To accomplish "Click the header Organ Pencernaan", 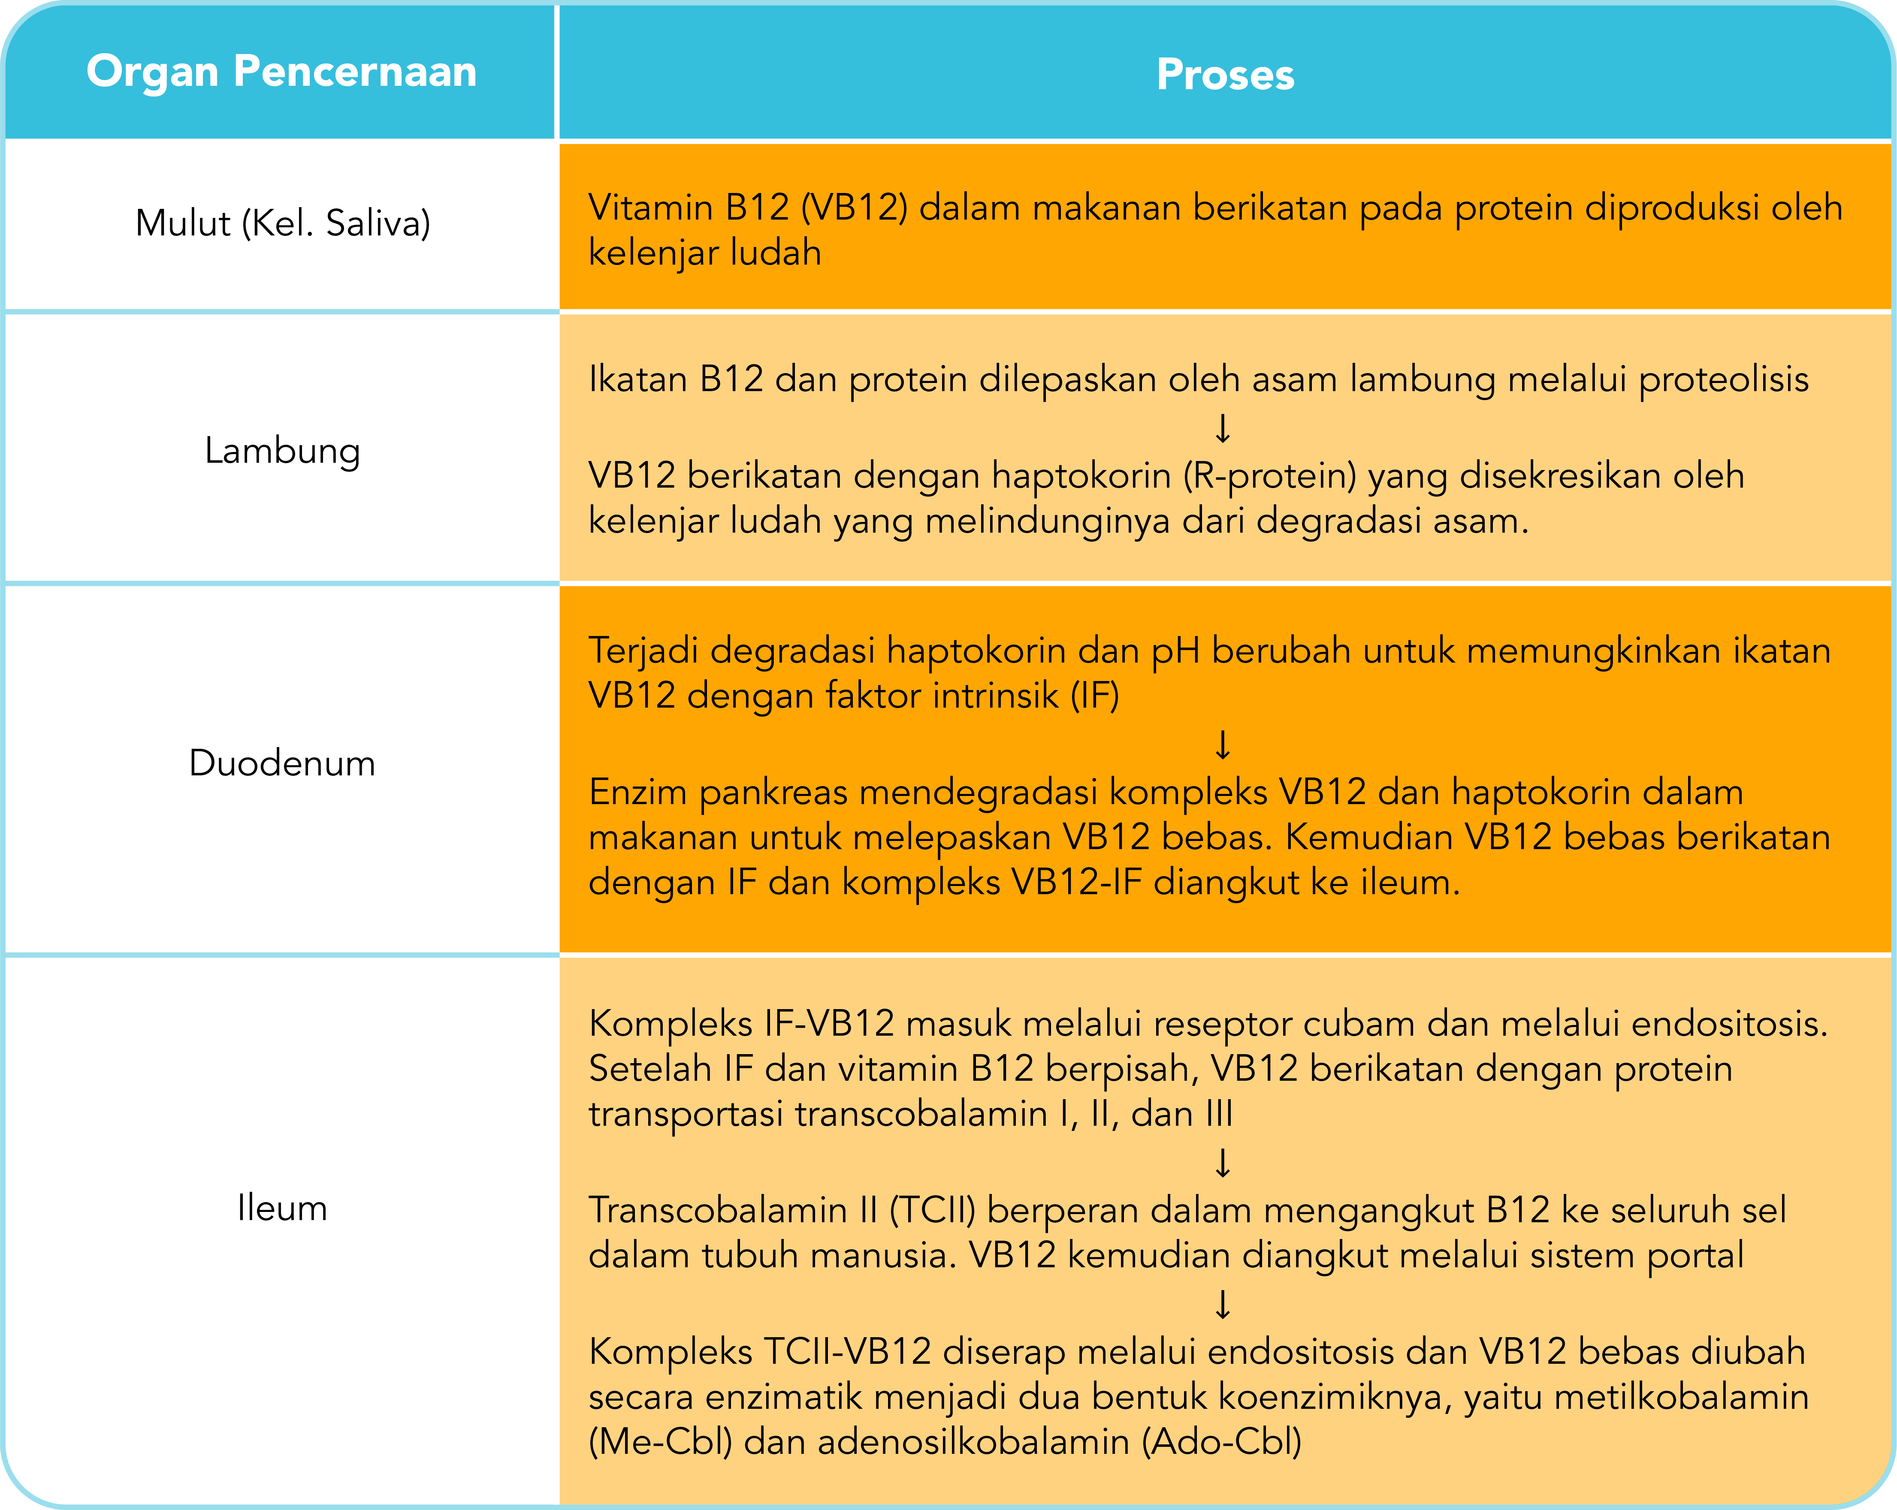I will coord(281,72).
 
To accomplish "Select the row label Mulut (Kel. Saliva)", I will coord(282,223).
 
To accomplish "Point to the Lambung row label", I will coord(282,451).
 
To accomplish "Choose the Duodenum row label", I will coord(282,763).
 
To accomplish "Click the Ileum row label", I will coord(282,1209).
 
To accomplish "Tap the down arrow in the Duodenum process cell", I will coord(1222,744).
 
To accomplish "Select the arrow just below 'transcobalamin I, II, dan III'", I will coord(1222,1163).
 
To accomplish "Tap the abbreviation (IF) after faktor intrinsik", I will coord(1094,696).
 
